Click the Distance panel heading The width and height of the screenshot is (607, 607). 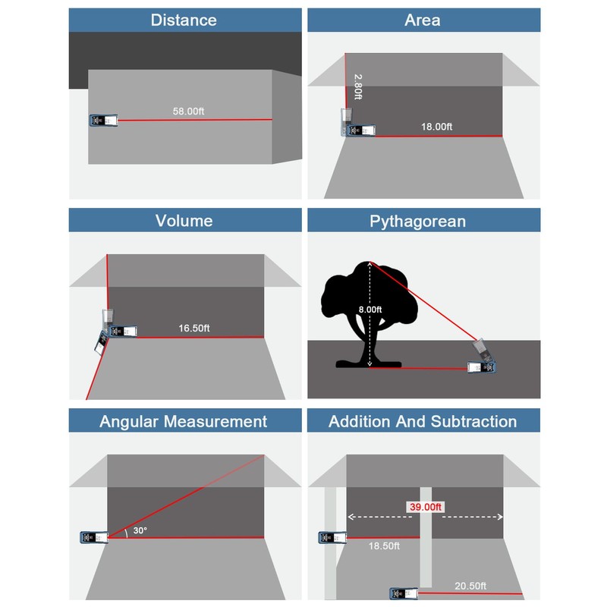coord(184,20)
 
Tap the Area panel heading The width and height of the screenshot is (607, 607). coord(423,20)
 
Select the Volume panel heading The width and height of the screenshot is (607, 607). coord(184,221)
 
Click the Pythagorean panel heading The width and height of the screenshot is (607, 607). coord(417,222)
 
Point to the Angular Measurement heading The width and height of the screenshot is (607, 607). coord(183,422)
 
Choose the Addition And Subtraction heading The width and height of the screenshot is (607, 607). coord(423,422)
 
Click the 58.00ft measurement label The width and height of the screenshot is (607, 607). coord(188,111)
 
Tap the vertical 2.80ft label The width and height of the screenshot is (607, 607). coord(358,87)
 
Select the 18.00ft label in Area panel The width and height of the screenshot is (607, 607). coord(436,127)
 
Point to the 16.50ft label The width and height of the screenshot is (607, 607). coord(193,329)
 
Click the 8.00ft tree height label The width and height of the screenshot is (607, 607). coord(370,310)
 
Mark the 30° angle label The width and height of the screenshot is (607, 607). coord(140,530)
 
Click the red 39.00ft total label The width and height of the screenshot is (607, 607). coord(425,507)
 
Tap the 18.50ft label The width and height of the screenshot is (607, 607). coord(384,546)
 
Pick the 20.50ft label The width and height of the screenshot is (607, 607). coord(470,586)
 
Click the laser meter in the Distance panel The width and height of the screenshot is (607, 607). coord(103,121)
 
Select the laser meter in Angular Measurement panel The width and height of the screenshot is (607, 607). coord(94,537)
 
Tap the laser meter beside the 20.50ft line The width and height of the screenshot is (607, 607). coord(404,593)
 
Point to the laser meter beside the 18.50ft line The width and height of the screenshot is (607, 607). coord(332,537)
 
